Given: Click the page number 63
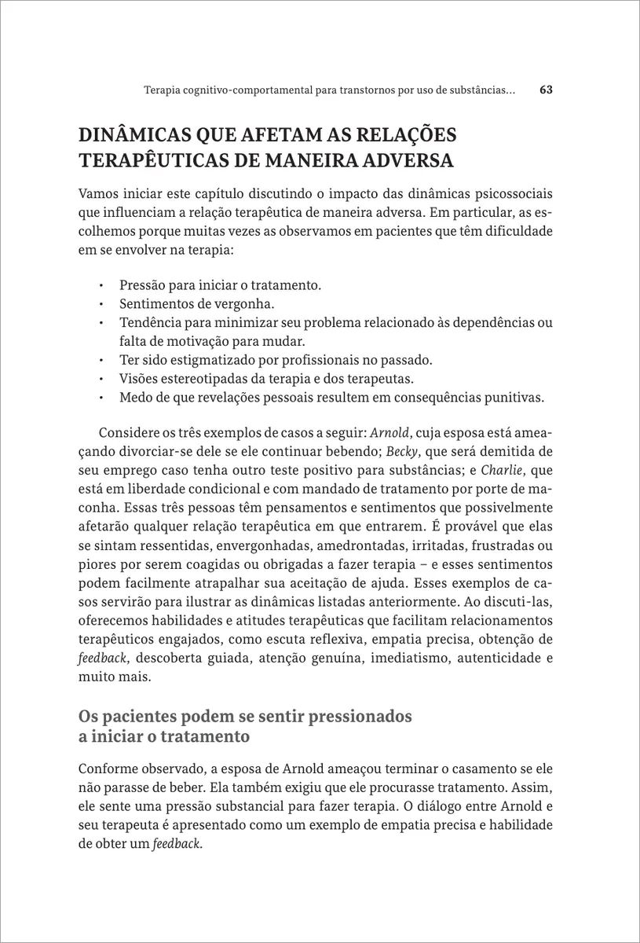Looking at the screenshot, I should [x=547, y=90].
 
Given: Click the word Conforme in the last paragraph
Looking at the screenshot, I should [x=108, y=769].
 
